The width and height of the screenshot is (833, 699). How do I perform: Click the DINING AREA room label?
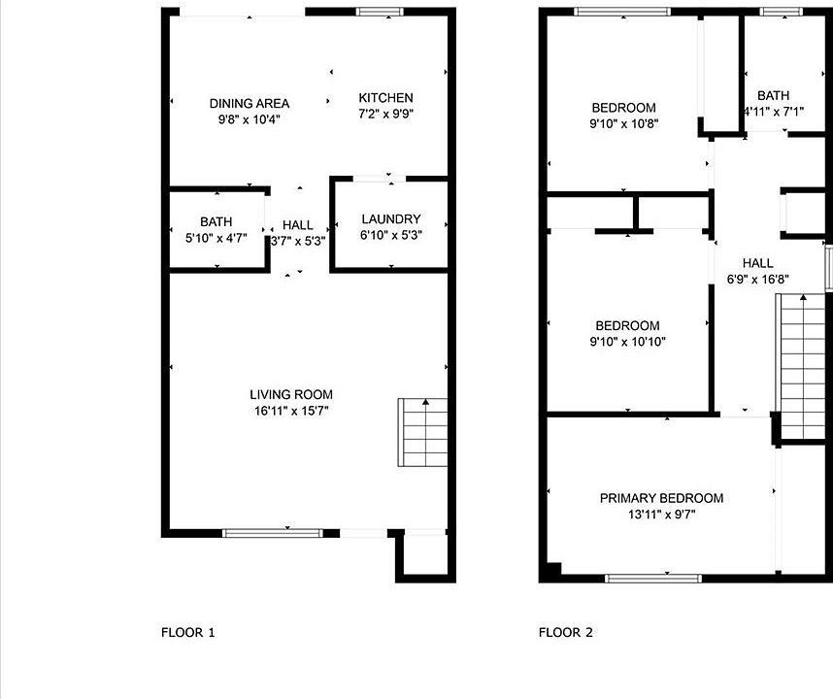pyautogui.click(x=250, y=104)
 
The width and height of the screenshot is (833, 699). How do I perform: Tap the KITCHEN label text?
pyautogui.click(x=385, y=98)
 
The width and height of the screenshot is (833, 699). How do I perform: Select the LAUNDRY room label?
pyautogui.click(x=391, y=218)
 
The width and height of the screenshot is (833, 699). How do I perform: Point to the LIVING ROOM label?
pyautogui.click(x=291, y=395)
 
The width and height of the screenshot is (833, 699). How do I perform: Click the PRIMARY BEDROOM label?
pyautogui.click(x=661, y=498)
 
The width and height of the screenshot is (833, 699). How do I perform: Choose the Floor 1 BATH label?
pyautogui.click(x=217, y=221)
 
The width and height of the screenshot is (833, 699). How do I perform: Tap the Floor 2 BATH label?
pyautogui.click(x=773, y=95)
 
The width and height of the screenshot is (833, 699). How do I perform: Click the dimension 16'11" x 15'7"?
pyautogui.click(x=291, y=411)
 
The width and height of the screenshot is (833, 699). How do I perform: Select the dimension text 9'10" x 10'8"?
pyautogui.click(x=623, y=123)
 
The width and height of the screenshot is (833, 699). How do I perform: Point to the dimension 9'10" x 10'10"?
pyautogui.click(x=627, y=342)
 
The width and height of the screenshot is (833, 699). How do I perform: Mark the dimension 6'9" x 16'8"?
pyautogui.click(x=757, y=279)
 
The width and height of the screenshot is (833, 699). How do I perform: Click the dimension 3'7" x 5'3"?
pyautogui.click(x=298, y=241)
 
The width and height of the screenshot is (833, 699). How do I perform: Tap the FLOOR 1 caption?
pyautogui.click(x=188, y=633)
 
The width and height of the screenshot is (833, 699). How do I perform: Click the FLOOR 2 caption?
pyautogui.click(x=566, y=633)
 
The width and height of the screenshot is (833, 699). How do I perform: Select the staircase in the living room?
pyautogui.click(x=423, y=432)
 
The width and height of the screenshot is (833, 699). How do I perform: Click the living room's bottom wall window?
pyautogui.click(x=273, y=533)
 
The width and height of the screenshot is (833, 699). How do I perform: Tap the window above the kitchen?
pyautogui.click(x=380, y=12)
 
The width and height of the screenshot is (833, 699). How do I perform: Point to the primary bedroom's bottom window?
pyautogui.click(x=653, y=579)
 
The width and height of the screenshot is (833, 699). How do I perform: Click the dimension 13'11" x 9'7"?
pyautogui.click(x=661, y=515)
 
